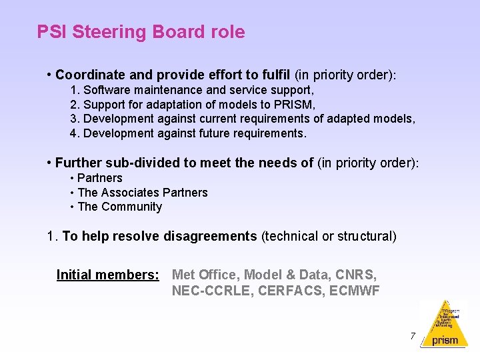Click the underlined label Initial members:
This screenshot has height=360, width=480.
[108, 275]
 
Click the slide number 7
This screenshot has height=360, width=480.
[413, 336]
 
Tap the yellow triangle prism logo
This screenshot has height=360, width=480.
[444, 323]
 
